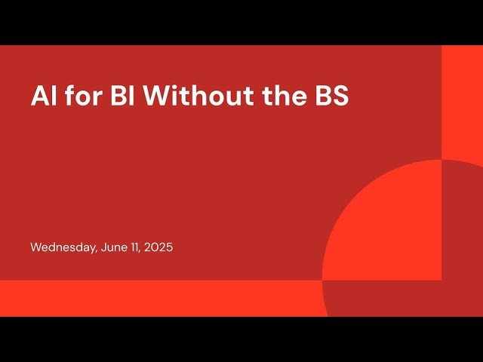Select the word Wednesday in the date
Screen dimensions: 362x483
[63, 247]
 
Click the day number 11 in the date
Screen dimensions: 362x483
[137, 247]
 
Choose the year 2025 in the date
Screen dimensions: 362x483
[159, 247]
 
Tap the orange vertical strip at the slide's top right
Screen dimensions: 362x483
[462, 98]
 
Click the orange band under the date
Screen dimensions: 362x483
[151, 298]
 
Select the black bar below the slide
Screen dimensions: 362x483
[241, 339]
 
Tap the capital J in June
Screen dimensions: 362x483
[103, 247]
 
